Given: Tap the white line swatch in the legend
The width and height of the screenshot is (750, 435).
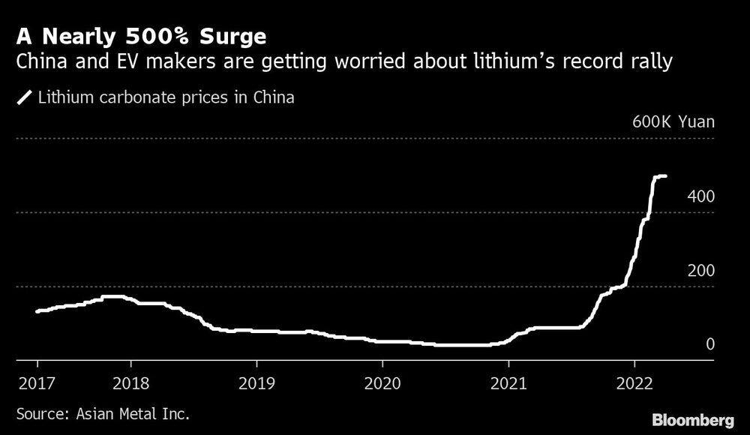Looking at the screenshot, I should (25, 97).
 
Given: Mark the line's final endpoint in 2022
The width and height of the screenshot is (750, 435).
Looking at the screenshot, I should (666, 176).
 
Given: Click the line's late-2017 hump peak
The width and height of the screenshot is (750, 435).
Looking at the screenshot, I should (112, 297).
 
